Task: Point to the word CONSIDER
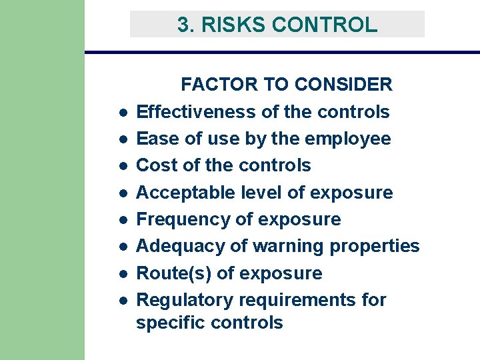tap(343, 85)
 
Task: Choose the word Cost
tap(156, 165)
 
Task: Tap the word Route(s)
tap(172, 273)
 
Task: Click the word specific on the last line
tap(170, 323)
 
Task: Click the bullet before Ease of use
tap(124, 139)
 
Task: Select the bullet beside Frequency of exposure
tap(124, 220)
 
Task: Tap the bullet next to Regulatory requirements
tap(124, 301)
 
